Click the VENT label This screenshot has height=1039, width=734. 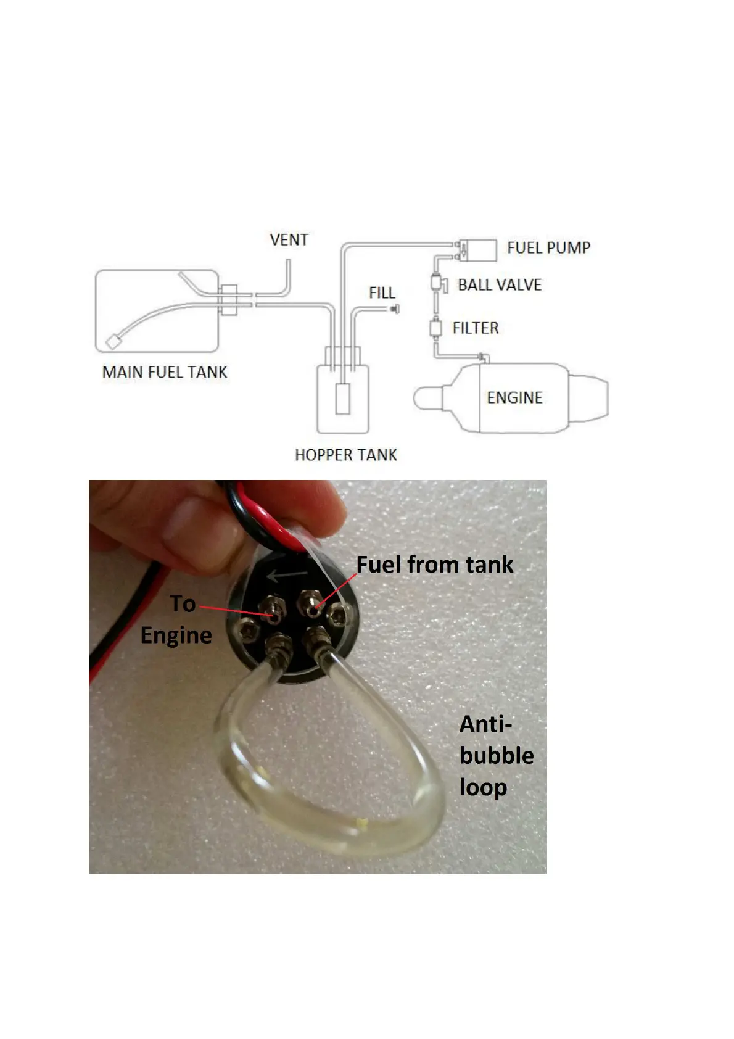click(289, 239)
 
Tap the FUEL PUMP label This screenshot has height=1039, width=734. click(548, 248)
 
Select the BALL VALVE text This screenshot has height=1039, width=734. click(500, 285)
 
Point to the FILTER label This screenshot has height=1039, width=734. click(475, 328)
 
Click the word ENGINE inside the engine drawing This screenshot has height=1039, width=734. click(514, 398)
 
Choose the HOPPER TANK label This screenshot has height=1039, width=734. click(345, 455)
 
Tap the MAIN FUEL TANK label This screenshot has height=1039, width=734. click(165, 372)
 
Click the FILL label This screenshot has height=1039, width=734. click(382, 292)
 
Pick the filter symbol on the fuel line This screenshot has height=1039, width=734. click(435, 328)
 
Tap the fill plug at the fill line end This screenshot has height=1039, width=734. click(394, 308)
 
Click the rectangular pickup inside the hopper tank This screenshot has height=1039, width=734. click(342, 399)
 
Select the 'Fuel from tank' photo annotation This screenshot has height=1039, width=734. click(435, 565)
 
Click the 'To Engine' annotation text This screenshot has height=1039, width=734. click(177, 619)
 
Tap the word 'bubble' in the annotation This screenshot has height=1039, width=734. click(497, 756)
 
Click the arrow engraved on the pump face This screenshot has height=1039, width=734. click(287, 576)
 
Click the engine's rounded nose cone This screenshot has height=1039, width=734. click(427, 398)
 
